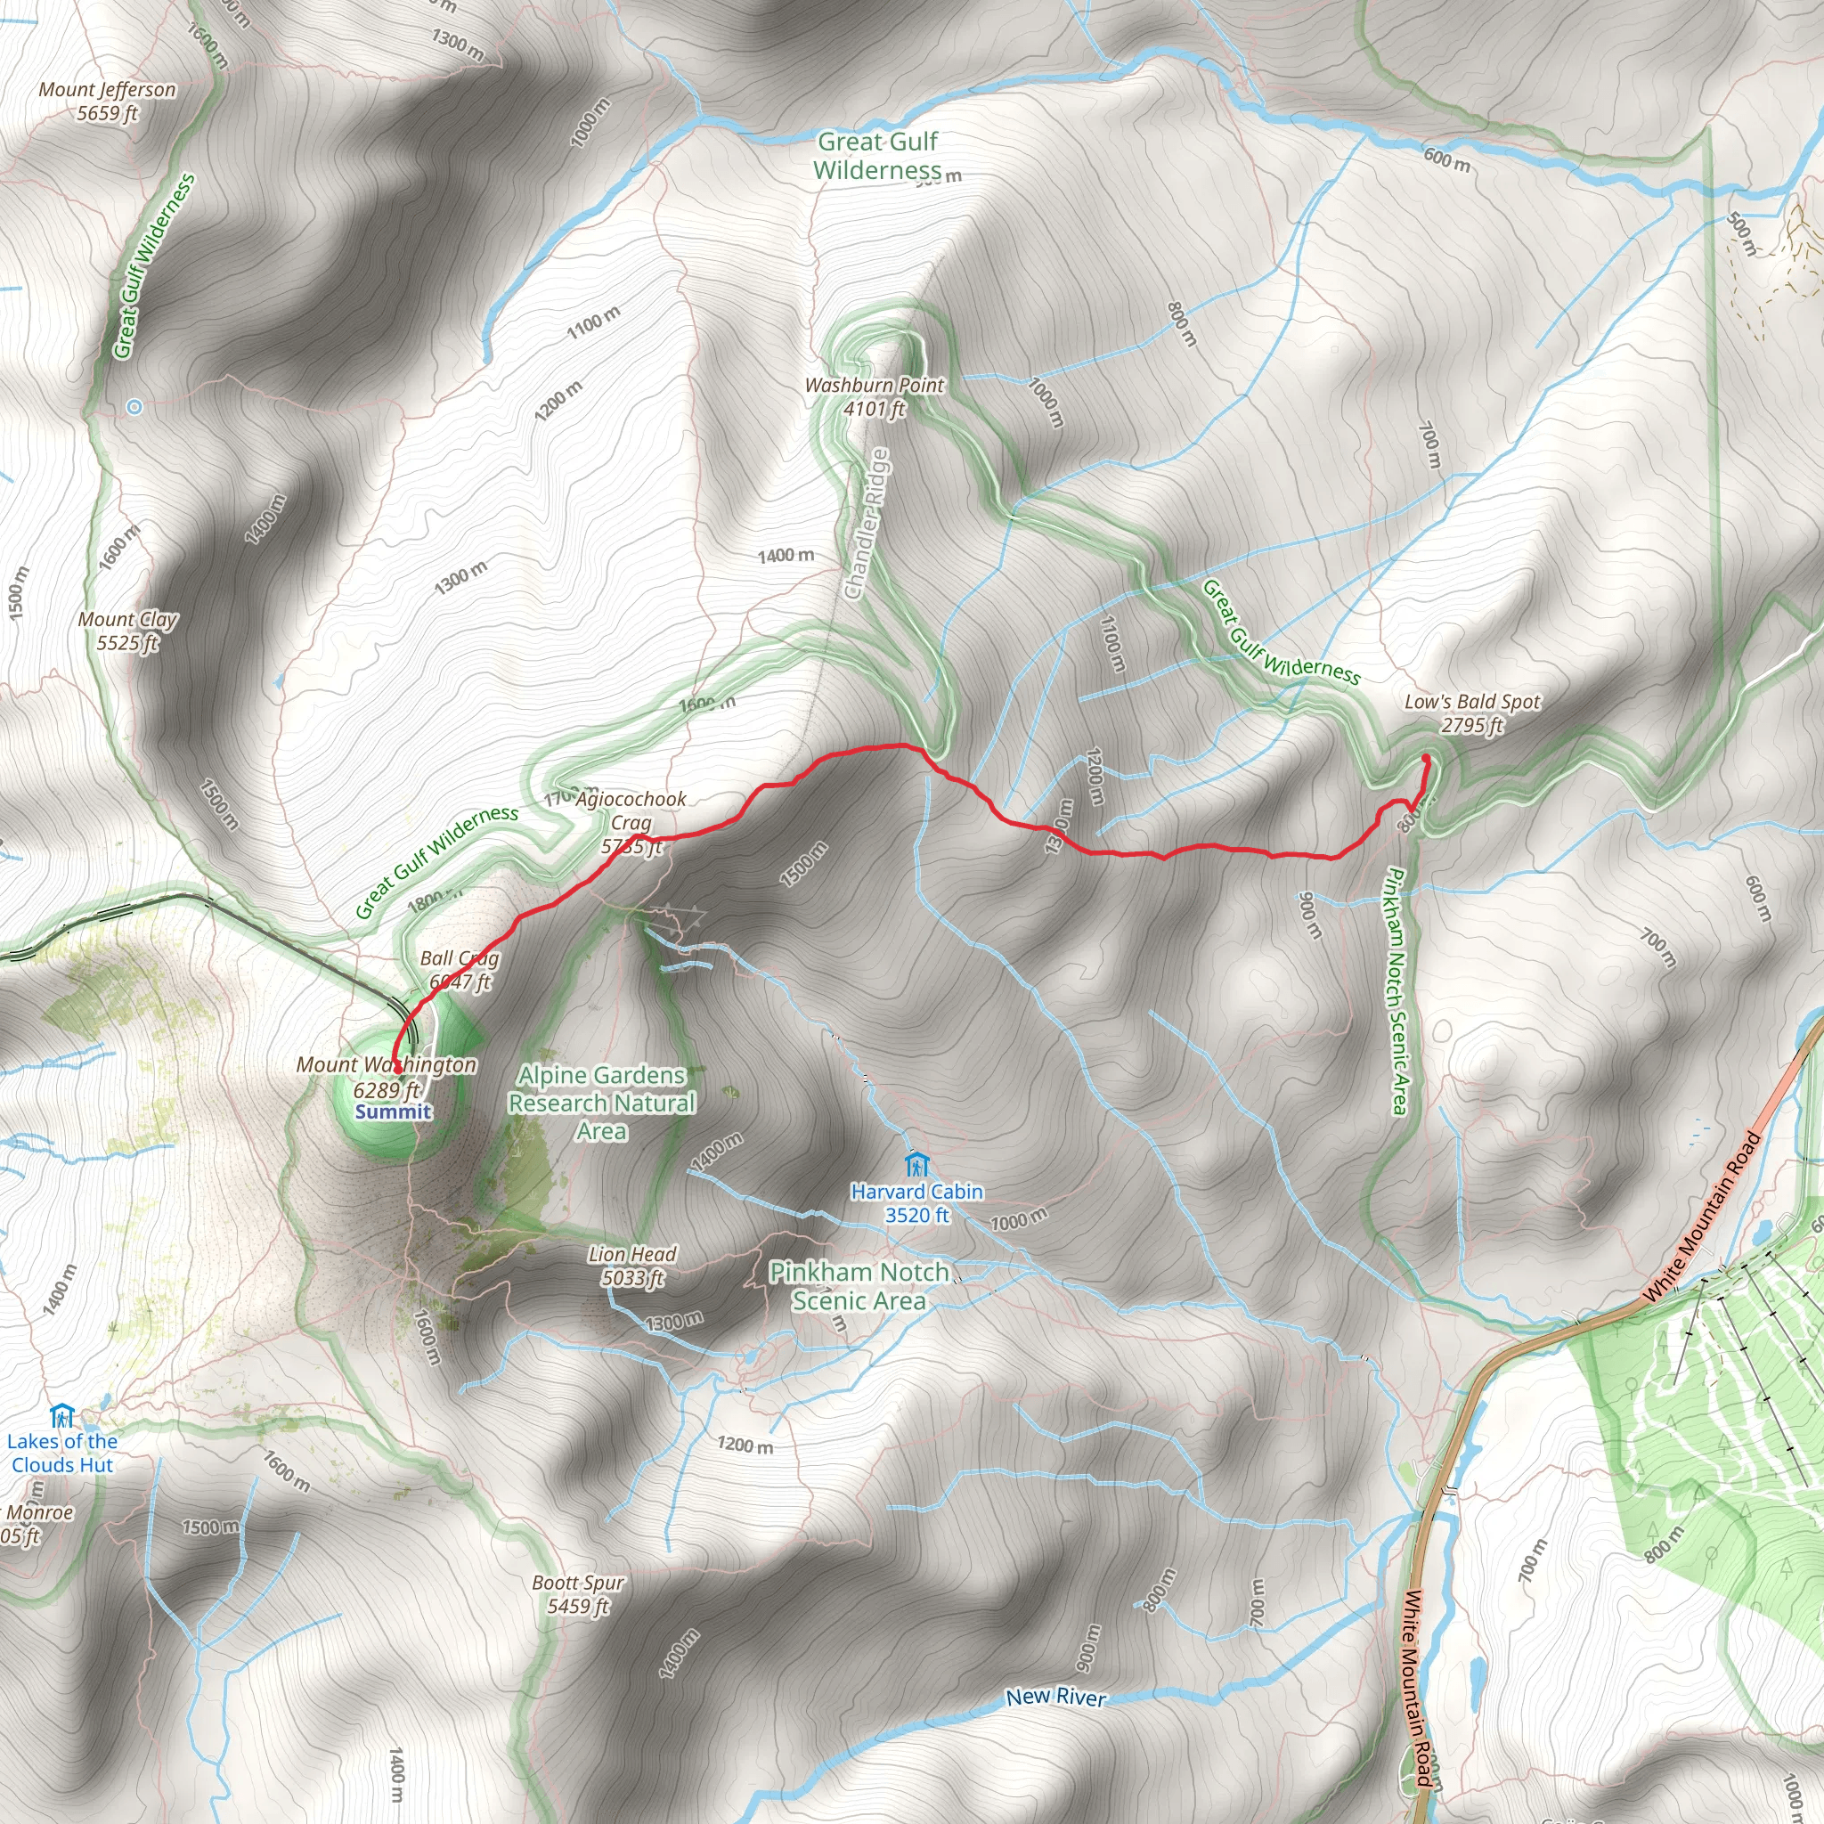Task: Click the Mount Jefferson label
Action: pyautogui.click(x=108, y=101)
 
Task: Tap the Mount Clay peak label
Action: pyautogui.click(x=127, y=631)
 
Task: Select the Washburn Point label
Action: pyautogui.click(x=875, y=396)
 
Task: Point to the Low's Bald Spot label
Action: pyautogui.click(x=1472, y=712)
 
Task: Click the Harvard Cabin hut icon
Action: pyautogui.click(x=913, y=1163)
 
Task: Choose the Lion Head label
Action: pyautogui.click(x=632, y=1265)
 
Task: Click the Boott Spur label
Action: pyautogui.click(x=578, y=1593)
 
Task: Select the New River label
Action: pyautogui.click(x=1055, y=1697)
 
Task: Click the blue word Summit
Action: pyautogui.click(x=393, y=1111)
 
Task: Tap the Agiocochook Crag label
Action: pyautogui.click(x=631, y=822)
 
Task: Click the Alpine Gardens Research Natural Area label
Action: pyautogui.click(x=602, y=1103)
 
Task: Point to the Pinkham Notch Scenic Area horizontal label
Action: pyautogui.click(x=859, y=1286)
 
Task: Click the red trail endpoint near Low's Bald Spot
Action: pyautogui.click(x=1425, y=758)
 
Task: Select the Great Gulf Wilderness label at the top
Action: pyautogui.click(x=877, y=156)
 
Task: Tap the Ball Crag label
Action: pyautogui.click(x=460, y=970)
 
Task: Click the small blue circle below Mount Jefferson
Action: pyautogui.click(x=134, y=407)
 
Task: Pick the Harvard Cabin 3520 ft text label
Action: pyautogui.click(x=916, y=1202)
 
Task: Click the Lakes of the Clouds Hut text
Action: pyautogui.click(x=62, y=1453)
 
